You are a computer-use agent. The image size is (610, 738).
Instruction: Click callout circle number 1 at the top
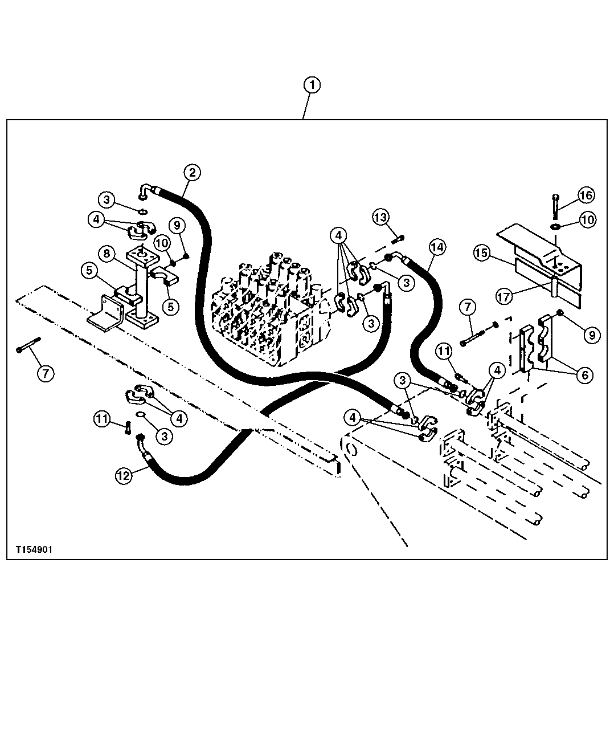coord(312,85)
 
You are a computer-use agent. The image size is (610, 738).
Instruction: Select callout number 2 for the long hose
coord(192,172)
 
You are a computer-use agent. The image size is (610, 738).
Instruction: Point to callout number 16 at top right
coord(586,195)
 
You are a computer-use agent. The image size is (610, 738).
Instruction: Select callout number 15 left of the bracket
coord(482,253)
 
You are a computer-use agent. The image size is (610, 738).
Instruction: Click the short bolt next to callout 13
coord(399,237)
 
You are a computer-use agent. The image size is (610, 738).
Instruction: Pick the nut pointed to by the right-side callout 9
coord(560,313)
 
